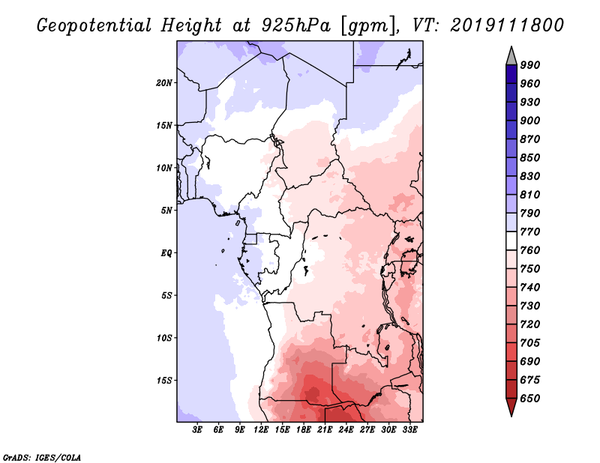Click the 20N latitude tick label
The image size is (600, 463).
tap(164, 83)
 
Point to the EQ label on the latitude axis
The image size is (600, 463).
tap(166, 253)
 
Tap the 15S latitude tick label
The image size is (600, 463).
tap(164, 381)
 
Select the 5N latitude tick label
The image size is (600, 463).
tap(166, 211)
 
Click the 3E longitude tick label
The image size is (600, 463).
tap(197, 429)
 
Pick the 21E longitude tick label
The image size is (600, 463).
tap(325, 429)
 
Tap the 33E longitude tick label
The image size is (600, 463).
tap(409, 429)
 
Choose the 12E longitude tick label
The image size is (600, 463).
tap(261, 429)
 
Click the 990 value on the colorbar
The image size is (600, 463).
tap(530, 65)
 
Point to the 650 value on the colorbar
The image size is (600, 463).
tap(530, 399)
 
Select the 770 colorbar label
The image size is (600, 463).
tap(530, 231)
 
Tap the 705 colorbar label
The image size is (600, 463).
tap(530, 343)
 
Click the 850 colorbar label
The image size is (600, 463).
tap(530, 157)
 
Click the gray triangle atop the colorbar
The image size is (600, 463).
tap(511, 57)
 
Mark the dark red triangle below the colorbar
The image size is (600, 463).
tap(511, 407)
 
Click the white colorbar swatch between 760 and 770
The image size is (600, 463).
tap(511, 241)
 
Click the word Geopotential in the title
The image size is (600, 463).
tap(94, 25)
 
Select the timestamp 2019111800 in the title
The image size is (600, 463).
tap(507, 25)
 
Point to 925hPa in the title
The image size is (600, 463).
tap(295, 25)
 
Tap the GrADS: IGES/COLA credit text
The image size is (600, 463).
tap(42, 458)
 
